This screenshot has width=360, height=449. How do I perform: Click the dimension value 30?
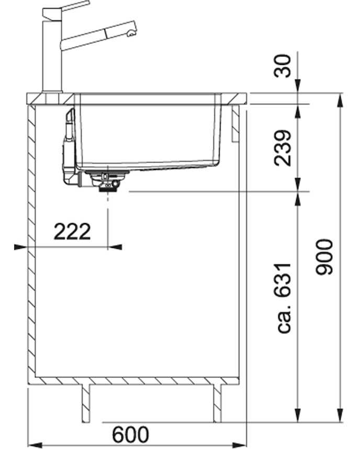coord(283,66)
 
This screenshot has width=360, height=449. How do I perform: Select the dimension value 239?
coord(283,148)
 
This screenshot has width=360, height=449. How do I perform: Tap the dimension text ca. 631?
coord(284,297)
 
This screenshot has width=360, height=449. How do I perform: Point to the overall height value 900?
coord(324,257)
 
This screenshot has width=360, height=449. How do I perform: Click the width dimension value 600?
coord(130,434)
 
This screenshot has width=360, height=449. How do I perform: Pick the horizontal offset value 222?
coord(72,232)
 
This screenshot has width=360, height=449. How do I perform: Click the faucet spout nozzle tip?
coord(131,34)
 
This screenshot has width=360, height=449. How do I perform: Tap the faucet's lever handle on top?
coord(65,8)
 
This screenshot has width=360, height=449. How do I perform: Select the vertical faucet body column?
coord(52,54)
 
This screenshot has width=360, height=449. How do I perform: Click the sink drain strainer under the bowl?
coord(107,180)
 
